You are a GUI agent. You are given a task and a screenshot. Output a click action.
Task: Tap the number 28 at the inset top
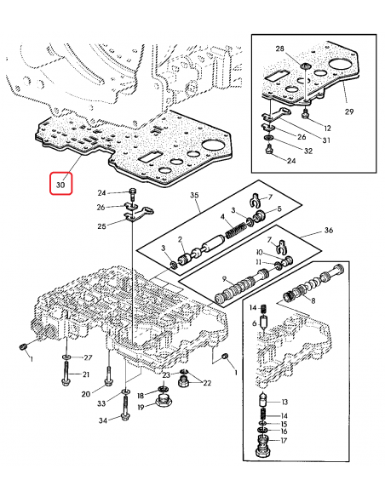280,51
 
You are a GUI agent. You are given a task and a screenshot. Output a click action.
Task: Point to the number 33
101,402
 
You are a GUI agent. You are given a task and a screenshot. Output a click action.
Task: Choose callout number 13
285,402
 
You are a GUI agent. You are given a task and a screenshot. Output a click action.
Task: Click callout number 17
285,441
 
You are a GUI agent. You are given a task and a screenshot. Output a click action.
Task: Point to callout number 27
87,357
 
